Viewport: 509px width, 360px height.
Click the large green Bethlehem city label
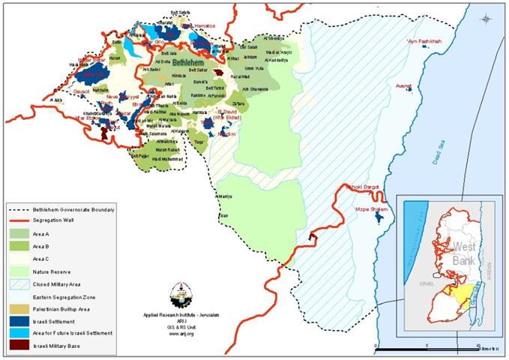pos(186,65)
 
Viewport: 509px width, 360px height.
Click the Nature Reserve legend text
pos(52,270)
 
